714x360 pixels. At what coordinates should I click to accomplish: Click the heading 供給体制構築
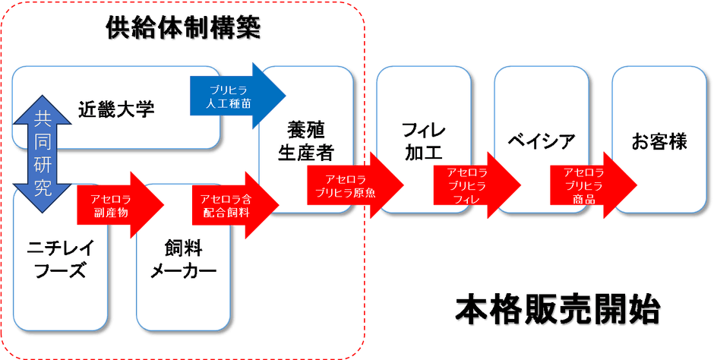coord(184,28)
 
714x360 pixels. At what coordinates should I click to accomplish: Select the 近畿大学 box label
coord(116,109)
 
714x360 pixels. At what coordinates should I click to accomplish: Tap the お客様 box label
coord(659,141)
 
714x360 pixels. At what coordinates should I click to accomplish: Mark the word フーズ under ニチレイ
coord(59,271)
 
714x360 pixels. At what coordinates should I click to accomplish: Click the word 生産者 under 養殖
coord(305,153)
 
